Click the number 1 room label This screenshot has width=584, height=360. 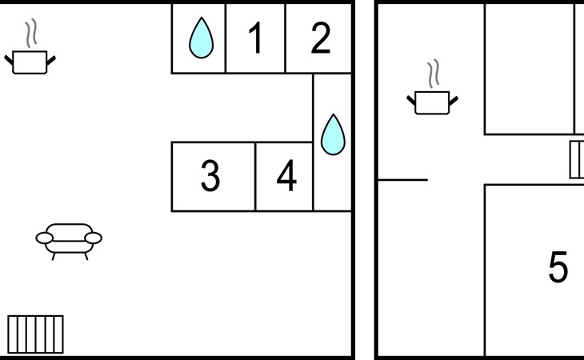255,38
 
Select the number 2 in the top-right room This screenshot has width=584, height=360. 320,38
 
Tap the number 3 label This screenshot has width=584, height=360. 210,177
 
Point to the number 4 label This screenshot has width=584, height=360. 286,177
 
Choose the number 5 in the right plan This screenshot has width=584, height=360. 558,267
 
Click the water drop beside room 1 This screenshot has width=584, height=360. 201,38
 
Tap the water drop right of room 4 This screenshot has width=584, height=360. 332,134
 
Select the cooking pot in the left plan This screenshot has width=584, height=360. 31,62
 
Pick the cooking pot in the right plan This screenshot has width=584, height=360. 433,102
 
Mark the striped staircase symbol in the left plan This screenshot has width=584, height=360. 35,334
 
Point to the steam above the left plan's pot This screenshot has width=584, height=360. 31,34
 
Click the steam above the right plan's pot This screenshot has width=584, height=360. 433,74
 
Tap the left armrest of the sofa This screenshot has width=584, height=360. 45,238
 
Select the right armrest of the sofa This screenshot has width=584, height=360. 94,238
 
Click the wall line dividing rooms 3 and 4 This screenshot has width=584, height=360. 255,177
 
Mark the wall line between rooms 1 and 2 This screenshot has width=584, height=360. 286,38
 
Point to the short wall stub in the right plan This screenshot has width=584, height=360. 402,180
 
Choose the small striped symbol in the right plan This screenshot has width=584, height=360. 577,159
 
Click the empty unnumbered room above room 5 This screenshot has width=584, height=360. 529,68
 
